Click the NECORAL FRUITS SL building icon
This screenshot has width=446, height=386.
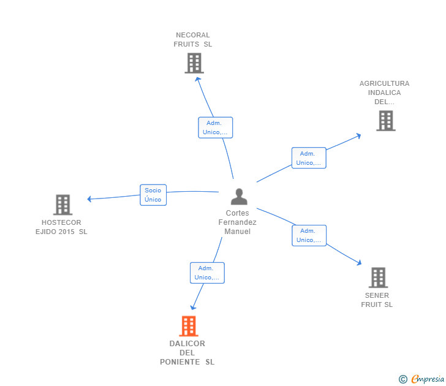click(194, 63)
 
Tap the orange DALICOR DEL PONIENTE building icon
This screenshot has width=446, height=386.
click(189, 326)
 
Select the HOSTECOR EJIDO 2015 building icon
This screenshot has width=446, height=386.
click(63, 205)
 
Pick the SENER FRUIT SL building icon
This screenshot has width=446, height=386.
click(379, 278)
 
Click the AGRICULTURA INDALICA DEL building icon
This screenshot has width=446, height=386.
click(386, 121)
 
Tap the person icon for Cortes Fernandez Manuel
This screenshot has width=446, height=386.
click(239, 197)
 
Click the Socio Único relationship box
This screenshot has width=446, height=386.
click(153, 195)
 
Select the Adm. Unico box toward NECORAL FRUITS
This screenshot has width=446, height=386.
click(215, 127)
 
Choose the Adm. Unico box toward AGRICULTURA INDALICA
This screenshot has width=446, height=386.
click(309, 158)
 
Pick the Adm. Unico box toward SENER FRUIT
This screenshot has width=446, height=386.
click(309, 235)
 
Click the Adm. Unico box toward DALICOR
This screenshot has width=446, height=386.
click(207, 273)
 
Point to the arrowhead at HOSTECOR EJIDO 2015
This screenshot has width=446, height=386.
click(89, 199)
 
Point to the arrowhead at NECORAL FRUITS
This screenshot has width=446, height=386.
click(198, 79)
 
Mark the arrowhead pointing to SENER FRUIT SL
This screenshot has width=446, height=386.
click(359, 263)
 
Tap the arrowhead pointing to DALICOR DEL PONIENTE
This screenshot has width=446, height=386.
click(193, 307)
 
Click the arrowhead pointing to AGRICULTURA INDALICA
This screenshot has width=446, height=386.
click(358, 136)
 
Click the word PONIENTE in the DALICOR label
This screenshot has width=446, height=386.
click(180, 362)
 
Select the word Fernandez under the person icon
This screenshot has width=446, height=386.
click(238, 222)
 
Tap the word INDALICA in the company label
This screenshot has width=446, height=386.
click(384, 93)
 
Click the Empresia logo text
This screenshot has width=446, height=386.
click(428, 379)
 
